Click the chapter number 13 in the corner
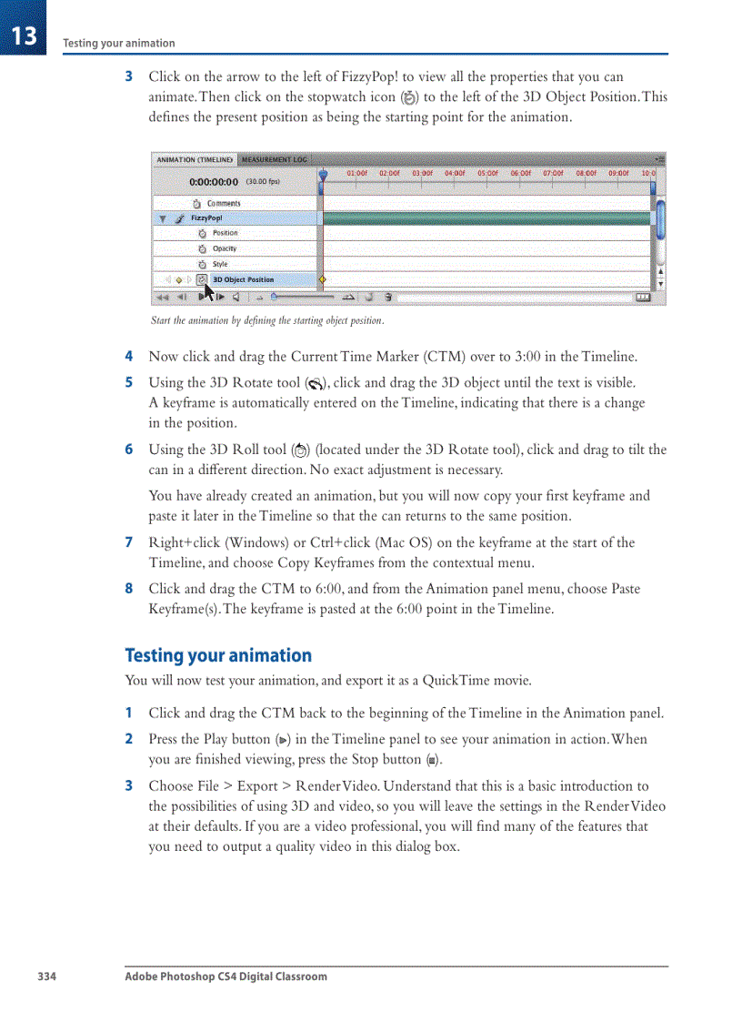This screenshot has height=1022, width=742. [25, 35]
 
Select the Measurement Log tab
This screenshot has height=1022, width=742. [274, 159]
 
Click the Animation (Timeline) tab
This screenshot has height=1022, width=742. [194, 159]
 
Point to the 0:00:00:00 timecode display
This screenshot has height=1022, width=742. [214, 182]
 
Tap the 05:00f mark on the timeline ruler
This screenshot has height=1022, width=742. [488, 172]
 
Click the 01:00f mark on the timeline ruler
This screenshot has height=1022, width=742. [357, 172]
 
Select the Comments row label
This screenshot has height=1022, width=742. [224, 203]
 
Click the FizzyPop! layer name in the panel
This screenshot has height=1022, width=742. [206, 218]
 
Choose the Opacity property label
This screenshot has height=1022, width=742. [225, 248]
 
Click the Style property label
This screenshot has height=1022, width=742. [220, 264]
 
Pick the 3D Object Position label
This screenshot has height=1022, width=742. [243, 279]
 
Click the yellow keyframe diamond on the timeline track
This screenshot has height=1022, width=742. [323, 279]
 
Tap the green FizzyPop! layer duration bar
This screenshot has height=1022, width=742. [486, 218]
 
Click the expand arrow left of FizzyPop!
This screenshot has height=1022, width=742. [163, 218]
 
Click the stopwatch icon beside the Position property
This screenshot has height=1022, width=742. [202, 233]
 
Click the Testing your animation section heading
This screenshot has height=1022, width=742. [218, 655]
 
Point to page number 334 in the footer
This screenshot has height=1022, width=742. [46, 976]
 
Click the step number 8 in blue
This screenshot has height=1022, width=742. [129, 589]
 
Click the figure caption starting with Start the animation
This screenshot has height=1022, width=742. [266, 320]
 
